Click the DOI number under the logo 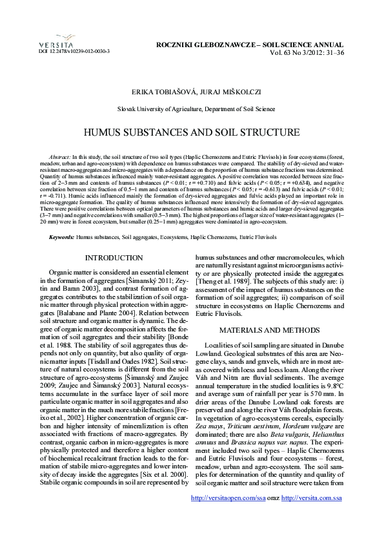[74, 50]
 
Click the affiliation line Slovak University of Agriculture [192, 110]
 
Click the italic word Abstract [59, 157]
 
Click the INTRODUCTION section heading [114, 258]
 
